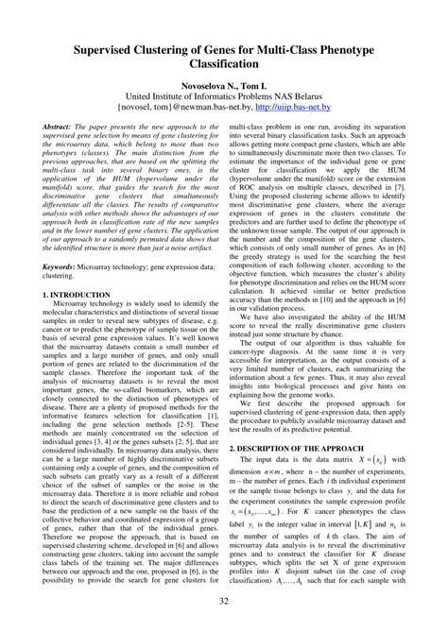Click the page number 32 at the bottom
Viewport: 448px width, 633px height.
(x=224, y=602)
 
